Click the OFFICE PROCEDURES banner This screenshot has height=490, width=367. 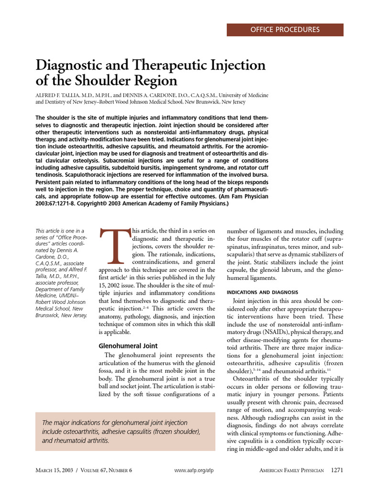tap(285, 30)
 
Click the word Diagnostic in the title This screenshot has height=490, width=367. tap(76, 65)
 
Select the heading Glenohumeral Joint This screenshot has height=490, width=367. tap(128, 345)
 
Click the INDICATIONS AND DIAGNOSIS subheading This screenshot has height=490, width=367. tap(262, 292)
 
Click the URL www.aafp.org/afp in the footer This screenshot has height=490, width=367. tap(194, 471)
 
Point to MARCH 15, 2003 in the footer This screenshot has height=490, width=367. tap(54, 471)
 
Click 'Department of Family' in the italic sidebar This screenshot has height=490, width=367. tap(60, 289)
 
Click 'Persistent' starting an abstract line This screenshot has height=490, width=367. tap(51, 182)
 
